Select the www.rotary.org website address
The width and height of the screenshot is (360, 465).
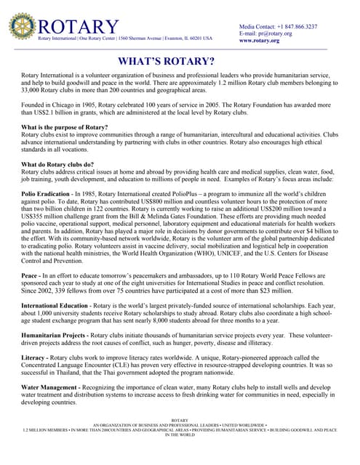point(260,41)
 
